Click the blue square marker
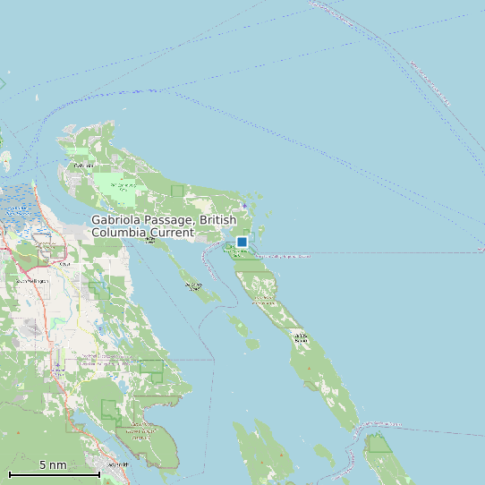[242, 242]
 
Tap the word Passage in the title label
[171, 220]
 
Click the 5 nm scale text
[53, 465]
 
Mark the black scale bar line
[54, 474]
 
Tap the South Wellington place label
[33, 281]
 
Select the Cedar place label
[64, 264]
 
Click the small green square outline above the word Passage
[177, 190]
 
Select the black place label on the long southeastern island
[301, 338]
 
